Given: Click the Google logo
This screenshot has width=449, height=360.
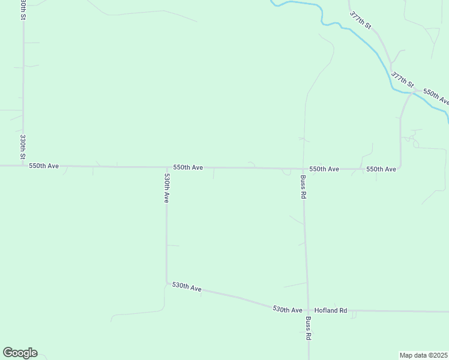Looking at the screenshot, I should [x=20, y=353].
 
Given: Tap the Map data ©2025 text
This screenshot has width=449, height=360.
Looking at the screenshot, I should [x=423, y=355].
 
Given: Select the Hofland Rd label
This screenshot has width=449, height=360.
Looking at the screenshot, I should [x=331, y=310].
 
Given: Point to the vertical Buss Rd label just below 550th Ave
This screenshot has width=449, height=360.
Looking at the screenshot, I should [x=304, y=187].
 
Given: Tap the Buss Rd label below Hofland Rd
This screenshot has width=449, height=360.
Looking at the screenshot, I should [x=309, y=328].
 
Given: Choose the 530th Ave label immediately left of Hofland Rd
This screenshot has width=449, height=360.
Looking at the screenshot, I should [x=288, y=309].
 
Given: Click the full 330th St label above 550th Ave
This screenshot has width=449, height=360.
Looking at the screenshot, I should [x=23, y=147].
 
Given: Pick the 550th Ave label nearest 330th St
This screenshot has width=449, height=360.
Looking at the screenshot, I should [x=44, y=165].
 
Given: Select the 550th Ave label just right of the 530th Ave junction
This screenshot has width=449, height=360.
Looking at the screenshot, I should [x=188, y=167].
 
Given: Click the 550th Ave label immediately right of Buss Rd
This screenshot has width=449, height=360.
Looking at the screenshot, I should [x=324, y=169].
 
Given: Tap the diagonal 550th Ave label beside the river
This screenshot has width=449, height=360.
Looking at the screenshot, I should [x=436, y=96].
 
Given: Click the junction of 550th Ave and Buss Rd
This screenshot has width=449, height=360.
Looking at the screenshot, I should [x=303, y=169].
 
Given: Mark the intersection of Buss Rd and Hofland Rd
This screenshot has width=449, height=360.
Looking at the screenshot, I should [x=309, y=311].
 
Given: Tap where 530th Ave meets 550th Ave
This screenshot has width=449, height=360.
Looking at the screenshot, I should [x=166, y=167].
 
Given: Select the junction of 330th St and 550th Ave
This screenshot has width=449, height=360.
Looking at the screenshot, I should [x=23, y=165].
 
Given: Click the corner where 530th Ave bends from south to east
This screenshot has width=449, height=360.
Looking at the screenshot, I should [x=167, y=282].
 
